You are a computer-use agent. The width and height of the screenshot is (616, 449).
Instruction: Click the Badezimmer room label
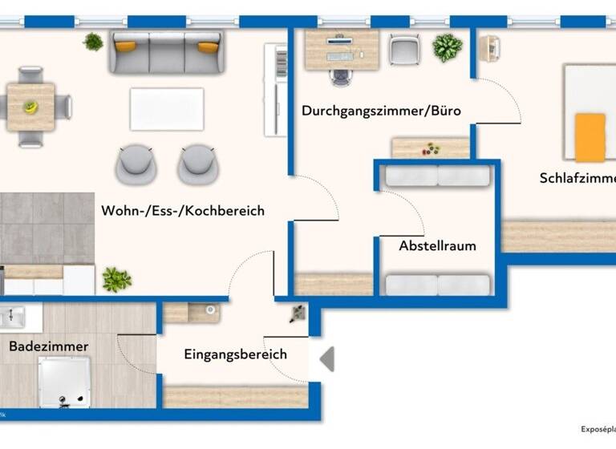click(49, 346)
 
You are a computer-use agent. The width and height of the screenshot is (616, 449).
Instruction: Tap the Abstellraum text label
click(437, 246)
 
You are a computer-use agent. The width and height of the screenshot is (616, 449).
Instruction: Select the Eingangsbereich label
click(235, 354)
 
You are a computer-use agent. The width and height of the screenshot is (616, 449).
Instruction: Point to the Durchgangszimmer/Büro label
click(381, 111)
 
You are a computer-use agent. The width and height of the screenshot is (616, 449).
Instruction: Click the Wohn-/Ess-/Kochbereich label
click(183, 211)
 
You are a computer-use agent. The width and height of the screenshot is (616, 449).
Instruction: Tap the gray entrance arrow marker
click(327, 358)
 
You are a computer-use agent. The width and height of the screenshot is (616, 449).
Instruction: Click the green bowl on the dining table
click(31, 106)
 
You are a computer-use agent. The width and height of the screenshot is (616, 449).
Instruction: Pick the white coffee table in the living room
click(167, 109)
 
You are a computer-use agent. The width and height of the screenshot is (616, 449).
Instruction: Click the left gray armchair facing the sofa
click(134, 164)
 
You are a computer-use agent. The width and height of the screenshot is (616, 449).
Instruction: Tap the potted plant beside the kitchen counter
click(116, 279)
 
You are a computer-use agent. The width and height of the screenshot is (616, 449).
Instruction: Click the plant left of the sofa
click(94, 42)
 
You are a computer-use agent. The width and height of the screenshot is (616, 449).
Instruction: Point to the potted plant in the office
click(447, 47)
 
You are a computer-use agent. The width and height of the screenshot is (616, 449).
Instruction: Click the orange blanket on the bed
click(590, 137)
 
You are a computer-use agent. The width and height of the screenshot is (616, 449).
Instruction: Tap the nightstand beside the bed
click(488, 48)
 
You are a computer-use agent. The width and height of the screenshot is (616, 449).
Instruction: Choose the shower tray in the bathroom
click(65, 382)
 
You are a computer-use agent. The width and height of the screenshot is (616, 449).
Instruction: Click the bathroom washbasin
click(14, 318)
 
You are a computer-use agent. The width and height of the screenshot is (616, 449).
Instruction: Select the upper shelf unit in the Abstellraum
click(437, 176)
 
